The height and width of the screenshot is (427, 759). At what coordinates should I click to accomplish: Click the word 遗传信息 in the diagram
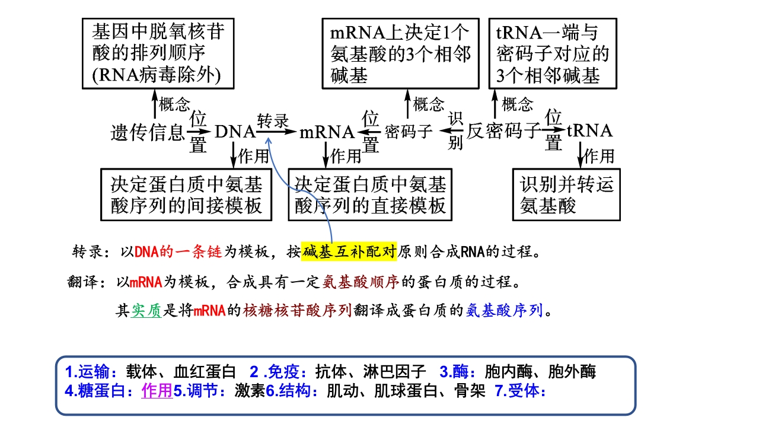148,132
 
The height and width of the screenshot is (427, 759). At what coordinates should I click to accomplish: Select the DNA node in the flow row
235,132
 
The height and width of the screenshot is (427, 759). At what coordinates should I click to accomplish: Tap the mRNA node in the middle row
327,132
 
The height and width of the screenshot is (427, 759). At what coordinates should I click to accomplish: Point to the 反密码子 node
504,131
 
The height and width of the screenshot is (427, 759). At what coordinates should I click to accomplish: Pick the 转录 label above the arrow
273,120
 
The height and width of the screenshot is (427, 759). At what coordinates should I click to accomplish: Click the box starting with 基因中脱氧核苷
158,53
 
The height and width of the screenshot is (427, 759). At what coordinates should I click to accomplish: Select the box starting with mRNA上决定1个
400,53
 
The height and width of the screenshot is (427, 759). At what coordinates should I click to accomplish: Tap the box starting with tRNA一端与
553,53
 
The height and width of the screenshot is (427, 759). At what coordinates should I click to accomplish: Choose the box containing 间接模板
186,195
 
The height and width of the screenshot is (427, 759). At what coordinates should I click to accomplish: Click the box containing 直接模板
370,195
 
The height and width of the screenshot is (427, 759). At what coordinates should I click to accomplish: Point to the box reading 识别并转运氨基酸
566,195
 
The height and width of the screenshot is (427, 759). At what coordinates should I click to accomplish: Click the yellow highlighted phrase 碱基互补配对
349,252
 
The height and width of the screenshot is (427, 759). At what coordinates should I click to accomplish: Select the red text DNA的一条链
178,252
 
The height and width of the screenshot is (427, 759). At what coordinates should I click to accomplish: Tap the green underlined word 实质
146,310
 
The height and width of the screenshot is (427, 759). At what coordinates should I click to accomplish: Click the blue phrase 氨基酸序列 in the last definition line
505,310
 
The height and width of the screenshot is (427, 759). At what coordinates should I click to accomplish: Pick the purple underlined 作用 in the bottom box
157,390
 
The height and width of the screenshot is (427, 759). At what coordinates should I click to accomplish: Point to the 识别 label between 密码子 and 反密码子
455,130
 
